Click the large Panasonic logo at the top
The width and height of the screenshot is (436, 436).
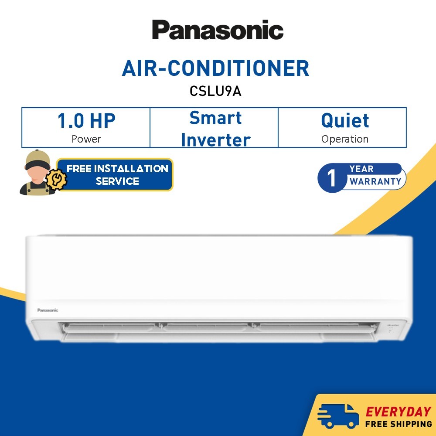(218, 30)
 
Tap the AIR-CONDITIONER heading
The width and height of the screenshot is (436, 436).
(215, 68)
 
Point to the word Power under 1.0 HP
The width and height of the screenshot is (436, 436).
(86, 139)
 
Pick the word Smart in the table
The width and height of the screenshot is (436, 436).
(215, 118)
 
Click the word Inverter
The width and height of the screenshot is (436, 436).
(215, 140)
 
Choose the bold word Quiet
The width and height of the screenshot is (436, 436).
(345, 121)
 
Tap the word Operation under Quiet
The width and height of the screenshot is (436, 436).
(345, 139)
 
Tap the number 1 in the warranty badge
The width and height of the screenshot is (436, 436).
(332, 178)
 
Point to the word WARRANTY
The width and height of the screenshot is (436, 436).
(375, 181)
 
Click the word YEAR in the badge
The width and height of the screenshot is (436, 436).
(361, 169)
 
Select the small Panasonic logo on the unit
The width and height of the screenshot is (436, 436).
(48, 310)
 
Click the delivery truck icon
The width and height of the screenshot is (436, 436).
(338, 416)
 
